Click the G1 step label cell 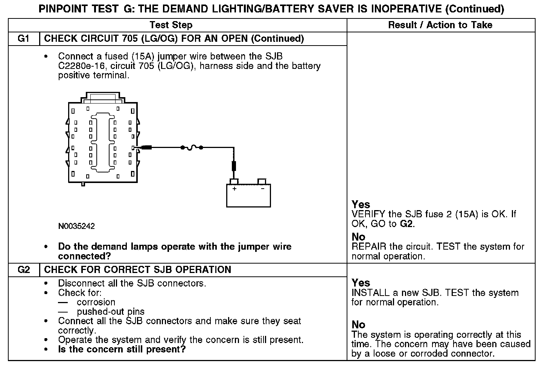click(x=24, y=39)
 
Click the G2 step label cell click(x=24, y=270)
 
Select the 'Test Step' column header click(x=171, y=25)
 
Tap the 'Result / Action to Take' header click(x=440, y=25)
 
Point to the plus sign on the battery click(x=234, y=189)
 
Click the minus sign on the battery click(x=262, y=189)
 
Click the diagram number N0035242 click(x=76, y=226)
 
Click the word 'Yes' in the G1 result click(x=361, y=204)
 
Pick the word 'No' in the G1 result click(x=358, y=237)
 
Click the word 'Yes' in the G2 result click(x=361, y=283)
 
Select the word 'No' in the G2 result click(x=358, y=325)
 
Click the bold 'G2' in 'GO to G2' click(x=407, y=224)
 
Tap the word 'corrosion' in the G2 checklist click(x=96, y=302)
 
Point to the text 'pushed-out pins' click(x=111, y=312)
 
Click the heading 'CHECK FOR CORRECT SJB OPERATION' click(x=137, y=270)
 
